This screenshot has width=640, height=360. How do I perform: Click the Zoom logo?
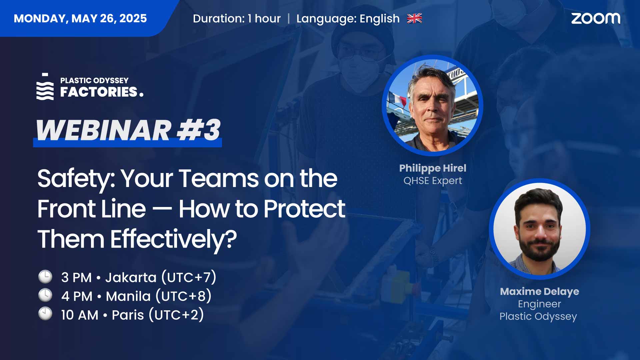(596, 18)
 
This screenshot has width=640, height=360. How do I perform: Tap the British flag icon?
(414, 18)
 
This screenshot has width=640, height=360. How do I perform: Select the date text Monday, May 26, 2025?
(80, 18)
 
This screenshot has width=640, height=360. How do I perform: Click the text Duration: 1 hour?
(237, 19)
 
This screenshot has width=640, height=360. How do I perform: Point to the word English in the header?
(380, 19)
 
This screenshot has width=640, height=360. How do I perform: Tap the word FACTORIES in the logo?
(99, 92)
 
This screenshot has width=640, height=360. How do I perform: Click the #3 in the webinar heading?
(199, 130)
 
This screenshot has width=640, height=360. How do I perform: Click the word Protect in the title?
(304, 209)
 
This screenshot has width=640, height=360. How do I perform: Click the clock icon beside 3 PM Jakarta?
(45, 277)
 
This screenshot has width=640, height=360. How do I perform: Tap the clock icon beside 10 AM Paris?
(45, 314)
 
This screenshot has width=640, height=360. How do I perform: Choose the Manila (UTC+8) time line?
(136, 296)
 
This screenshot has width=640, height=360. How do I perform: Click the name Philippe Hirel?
(433, 168)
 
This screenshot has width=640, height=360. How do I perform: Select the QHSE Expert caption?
(433, 181)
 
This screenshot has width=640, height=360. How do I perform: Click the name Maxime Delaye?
(539, 292)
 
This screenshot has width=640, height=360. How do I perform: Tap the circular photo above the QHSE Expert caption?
(432, 105)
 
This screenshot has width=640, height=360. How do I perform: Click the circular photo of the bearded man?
(539, 229)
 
